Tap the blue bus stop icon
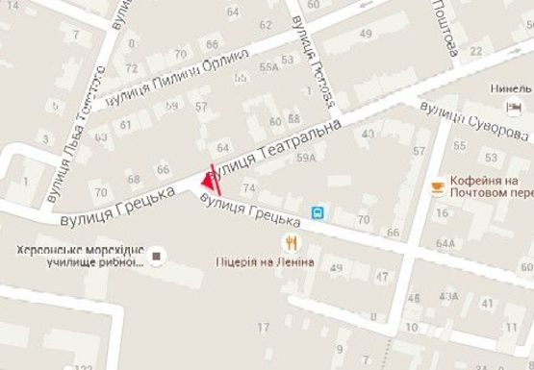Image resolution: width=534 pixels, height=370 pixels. pos(317,212)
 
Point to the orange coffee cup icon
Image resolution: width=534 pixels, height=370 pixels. pos(439,185)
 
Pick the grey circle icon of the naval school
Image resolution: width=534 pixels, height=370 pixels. pos(158,256)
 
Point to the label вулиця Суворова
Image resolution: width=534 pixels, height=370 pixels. pos(476,118)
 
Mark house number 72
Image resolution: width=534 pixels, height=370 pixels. pos(131,68)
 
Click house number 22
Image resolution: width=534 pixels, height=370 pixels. pos(475,51)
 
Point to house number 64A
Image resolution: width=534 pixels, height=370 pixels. pos(445,243)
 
